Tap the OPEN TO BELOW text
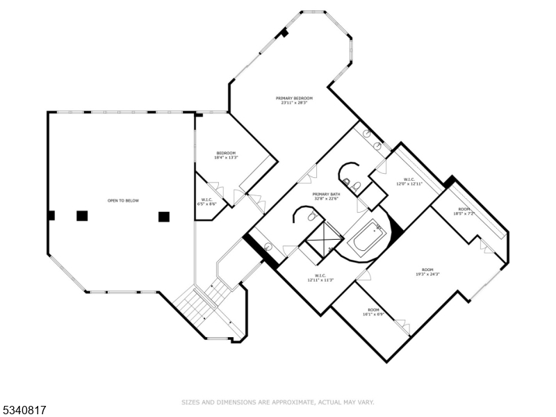click(x=123, y=201)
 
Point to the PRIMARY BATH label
click(x=326, y=194)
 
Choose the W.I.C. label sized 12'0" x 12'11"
click(x=409, y=180)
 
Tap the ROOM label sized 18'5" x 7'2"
click(x=464, y=209)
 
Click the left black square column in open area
click(x=82, y=215)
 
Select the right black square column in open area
click(x=164, y=216)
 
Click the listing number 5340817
click(x=24, y=410)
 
